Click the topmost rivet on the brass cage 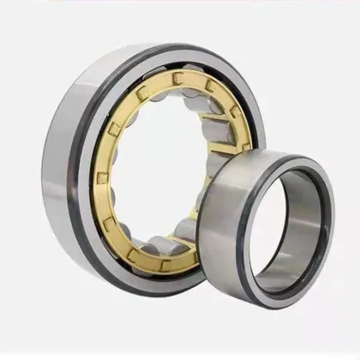pyautogui.click(x=178, y=80)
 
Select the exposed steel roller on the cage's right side pyautogui.click(x=227, y=137)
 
